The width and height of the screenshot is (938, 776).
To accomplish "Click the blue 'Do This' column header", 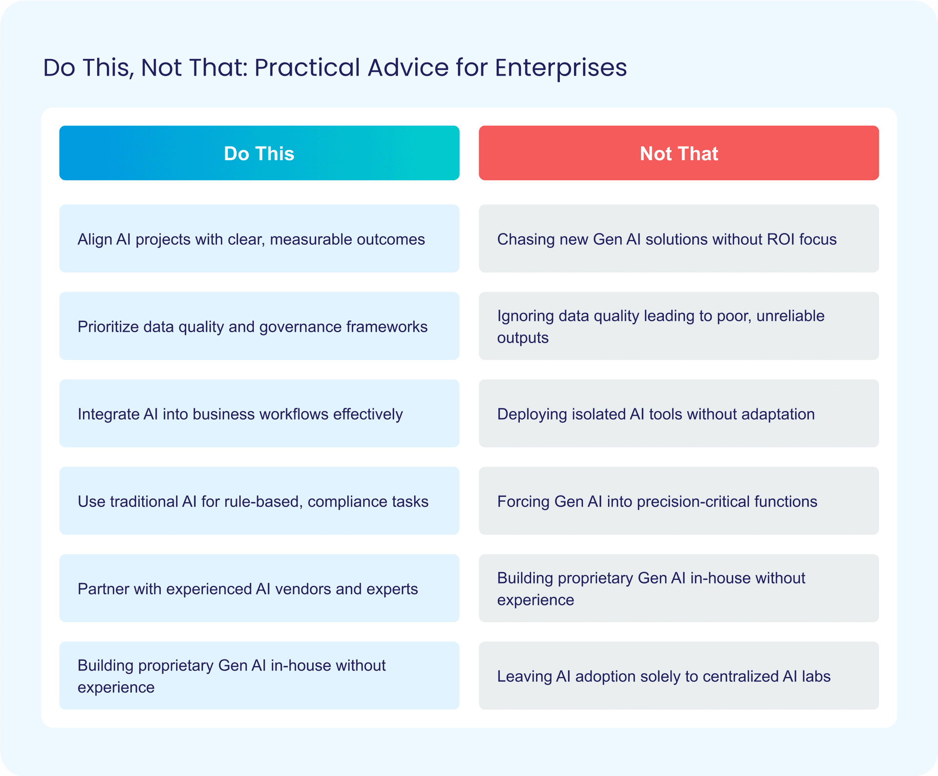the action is (x=259, y=153).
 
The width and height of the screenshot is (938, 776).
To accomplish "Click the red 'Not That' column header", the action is (x=679, y=153).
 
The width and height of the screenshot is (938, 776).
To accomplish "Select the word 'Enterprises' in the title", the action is (x=561, y=67).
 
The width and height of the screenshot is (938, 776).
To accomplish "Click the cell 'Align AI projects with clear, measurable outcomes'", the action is (x=259, y=238).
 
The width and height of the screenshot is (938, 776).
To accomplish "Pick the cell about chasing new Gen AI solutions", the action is (x=679, y=238).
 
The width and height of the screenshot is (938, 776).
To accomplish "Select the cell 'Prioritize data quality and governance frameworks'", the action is (x=259, y=326).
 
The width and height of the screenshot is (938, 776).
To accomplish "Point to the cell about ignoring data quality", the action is (x=679, y=326).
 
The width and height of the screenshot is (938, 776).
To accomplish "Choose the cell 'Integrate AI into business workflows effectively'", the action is (x=259, y=413).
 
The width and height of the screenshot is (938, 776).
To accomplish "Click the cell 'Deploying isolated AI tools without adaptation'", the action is (x=679, y=413).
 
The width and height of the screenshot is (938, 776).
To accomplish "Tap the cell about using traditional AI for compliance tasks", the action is (x=259, y=501).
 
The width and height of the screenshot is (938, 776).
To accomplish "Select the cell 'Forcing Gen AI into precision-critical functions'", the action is (x=679, y=501).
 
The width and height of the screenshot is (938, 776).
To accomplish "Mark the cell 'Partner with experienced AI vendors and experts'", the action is (x=259, y=588).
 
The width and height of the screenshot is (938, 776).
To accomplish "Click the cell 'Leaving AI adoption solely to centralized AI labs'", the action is (x=679, y=675).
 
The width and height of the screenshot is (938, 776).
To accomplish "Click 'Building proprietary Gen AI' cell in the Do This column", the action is (x=259, y=675).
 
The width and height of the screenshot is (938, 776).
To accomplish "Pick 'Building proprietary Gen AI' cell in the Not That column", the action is (x=679, y=588).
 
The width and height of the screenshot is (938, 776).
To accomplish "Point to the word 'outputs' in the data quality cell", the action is (x=523, y=338).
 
